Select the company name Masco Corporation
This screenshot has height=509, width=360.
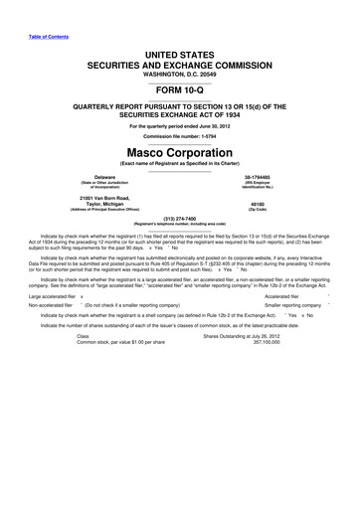point(179,153)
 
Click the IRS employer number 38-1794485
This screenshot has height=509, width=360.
point(269,179)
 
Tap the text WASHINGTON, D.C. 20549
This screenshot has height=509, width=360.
point(179,63)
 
